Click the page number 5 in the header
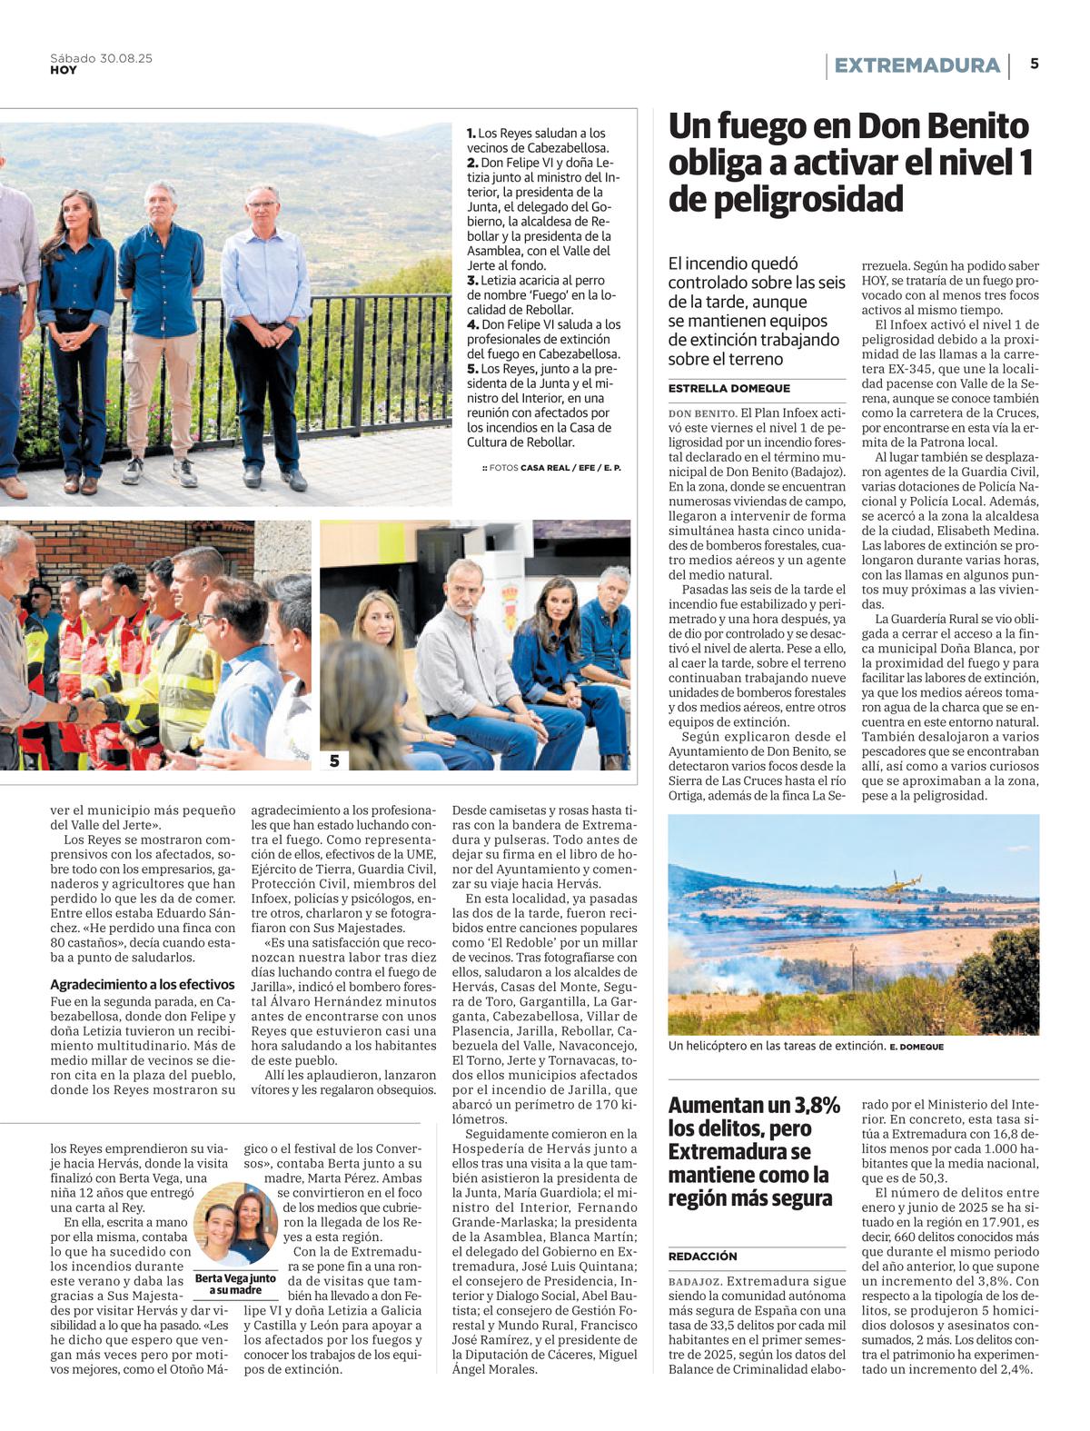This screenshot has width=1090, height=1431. (x=1035, y=64)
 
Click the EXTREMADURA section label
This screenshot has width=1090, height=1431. (x=917, y=65)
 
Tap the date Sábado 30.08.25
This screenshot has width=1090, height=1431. (x=101, y=58)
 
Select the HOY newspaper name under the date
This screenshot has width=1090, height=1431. (x=64, y=71)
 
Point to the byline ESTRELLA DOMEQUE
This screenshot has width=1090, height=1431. (x=728, y=389)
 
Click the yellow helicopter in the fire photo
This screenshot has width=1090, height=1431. (x=904, y=881)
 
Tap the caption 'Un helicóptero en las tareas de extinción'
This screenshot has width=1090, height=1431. (x=777, y=1046)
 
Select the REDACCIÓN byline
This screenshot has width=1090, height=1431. (x=703, y=1256)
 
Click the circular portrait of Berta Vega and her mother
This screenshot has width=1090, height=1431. (x=235, y=1225)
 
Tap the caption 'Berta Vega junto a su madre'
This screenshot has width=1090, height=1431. (x=234, y=1283)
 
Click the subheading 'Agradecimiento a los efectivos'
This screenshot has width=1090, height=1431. (x=142, y=984)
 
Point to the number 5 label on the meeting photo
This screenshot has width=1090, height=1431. (x=334, y=761)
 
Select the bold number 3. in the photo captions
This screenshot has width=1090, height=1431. (x=472, y=281)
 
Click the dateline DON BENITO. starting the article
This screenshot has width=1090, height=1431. (x=702, y=413)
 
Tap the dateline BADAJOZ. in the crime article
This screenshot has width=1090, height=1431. (x=695, y=1281)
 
